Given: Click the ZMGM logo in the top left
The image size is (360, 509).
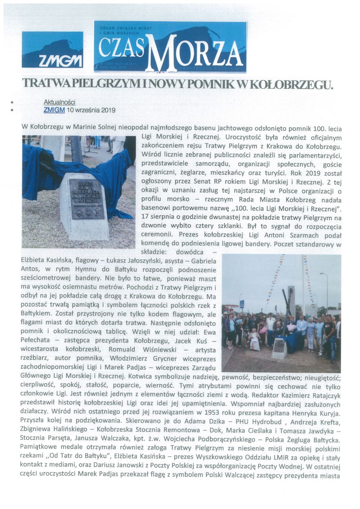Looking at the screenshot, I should pyautogui.click(x=53, y=50).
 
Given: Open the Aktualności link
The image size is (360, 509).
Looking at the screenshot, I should pyautogui.click(x=59, y=102).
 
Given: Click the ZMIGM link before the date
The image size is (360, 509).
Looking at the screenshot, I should pyautogui.click(x=54, y=110).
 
